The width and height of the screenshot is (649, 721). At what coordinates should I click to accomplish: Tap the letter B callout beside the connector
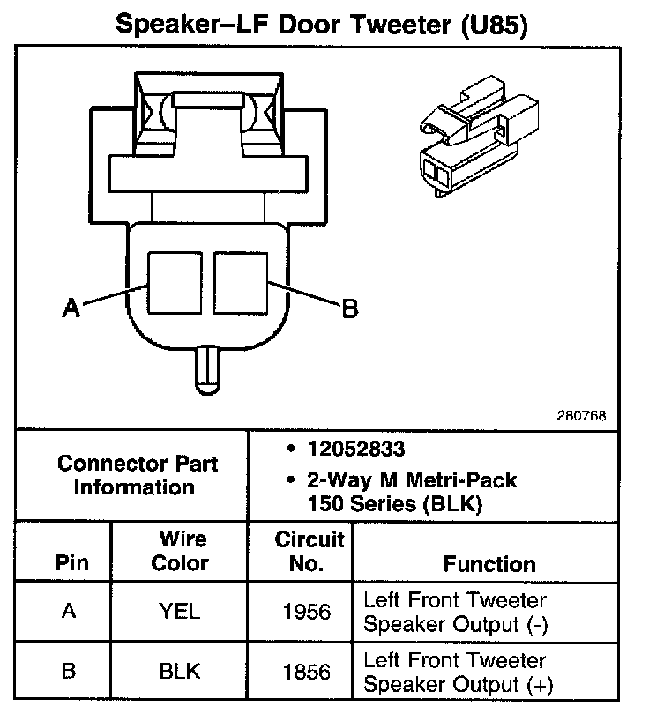349,308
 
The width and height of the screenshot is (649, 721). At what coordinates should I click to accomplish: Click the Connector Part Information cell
137,475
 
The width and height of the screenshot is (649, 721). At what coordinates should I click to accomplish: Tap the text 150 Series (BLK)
394,505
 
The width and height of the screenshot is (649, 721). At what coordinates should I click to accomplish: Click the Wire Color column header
181,551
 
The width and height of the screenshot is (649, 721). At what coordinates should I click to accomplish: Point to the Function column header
489,564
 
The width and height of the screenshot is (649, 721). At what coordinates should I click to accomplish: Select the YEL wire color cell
180,612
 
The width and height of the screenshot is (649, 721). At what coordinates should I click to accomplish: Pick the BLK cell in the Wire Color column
180,671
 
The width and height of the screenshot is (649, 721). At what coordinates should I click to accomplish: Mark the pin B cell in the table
70,671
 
